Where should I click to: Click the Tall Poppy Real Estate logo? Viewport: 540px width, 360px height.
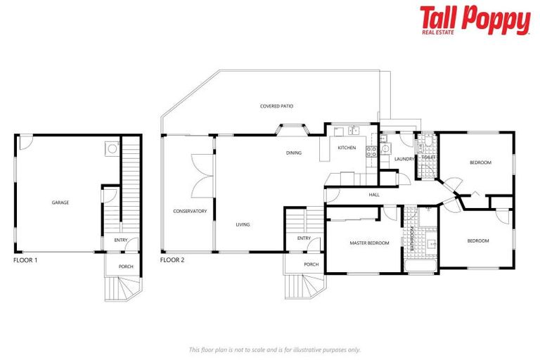point(475,20)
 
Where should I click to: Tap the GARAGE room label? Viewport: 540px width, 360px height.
point(60,202)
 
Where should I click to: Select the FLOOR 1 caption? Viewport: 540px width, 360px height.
point(26,260)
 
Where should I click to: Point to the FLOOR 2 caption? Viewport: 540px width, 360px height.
point(172,260)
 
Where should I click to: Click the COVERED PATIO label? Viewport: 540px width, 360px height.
point(276,106)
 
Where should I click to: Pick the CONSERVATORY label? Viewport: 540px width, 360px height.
point(190,211)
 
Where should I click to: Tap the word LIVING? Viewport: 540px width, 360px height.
point(243,224)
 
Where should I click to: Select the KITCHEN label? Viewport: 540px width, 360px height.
point(347,148)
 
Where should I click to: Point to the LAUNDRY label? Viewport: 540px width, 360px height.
point(404,160)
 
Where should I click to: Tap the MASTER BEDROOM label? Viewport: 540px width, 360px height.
point(369,243)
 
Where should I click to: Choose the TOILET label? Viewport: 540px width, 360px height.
point(429,137)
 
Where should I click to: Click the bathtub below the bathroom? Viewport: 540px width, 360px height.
point(421,266)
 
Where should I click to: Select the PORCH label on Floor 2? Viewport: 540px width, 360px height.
point(311,264)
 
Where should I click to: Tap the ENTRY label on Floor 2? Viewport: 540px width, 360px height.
point(304,238)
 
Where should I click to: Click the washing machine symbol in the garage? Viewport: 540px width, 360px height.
point(111,148)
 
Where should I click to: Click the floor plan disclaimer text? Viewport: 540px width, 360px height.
point(274,349)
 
